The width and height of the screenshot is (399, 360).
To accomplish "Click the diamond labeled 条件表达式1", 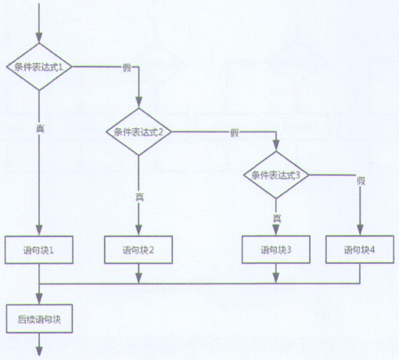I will pos(38,67).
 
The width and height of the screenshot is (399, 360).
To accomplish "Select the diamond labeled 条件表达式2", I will pos(138,131).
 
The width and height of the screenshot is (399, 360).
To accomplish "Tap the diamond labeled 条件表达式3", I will pos(275,175).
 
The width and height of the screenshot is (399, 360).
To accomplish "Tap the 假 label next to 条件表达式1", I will pos(126,67).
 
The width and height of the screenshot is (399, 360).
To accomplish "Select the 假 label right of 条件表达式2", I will pos(234,131).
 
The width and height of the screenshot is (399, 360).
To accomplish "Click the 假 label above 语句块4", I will pos(361,181).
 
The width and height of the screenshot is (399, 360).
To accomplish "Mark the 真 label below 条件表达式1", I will pos(39,126).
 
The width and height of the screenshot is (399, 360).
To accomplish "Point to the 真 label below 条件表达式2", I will pos(139,196).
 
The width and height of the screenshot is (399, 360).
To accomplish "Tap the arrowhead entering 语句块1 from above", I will pos(38,230).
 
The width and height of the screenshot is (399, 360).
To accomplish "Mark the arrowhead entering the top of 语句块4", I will pos(360,230).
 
